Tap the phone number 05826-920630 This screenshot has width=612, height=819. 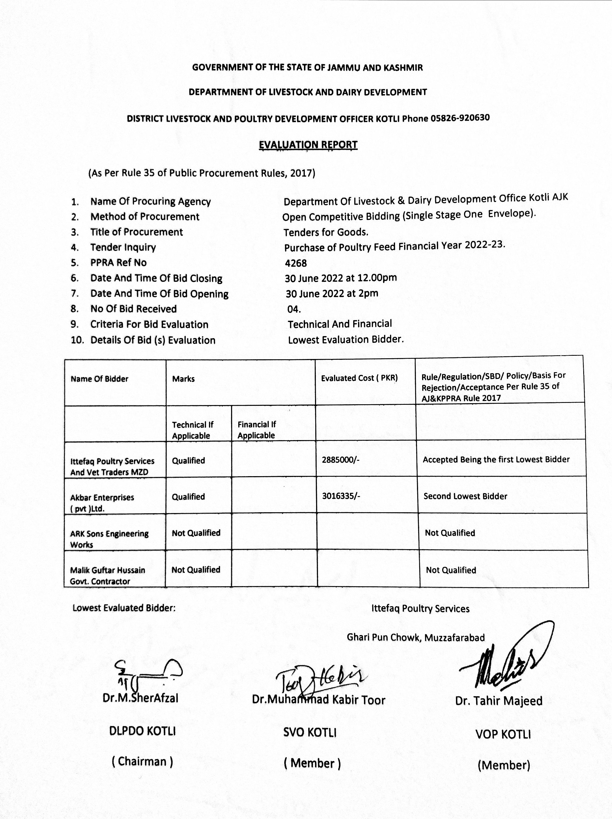460,118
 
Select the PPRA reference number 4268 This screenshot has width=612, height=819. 296,263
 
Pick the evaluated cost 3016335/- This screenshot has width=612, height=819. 341,496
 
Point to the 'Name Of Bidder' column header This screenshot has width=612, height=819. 100,379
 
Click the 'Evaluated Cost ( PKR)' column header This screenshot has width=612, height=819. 359,378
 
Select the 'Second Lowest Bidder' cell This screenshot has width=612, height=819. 465,496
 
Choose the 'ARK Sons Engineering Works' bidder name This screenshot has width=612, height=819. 109,539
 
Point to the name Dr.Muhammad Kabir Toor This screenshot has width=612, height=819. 319,700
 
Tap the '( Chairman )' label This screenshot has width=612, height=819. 142,761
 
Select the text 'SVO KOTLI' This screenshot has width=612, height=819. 310,732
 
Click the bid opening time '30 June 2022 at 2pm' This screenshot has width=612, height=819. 332,294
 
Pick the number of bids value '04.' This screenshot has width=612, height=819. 294,309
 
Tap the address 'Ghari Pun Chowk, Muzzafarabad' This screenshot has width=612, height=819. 415,637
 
